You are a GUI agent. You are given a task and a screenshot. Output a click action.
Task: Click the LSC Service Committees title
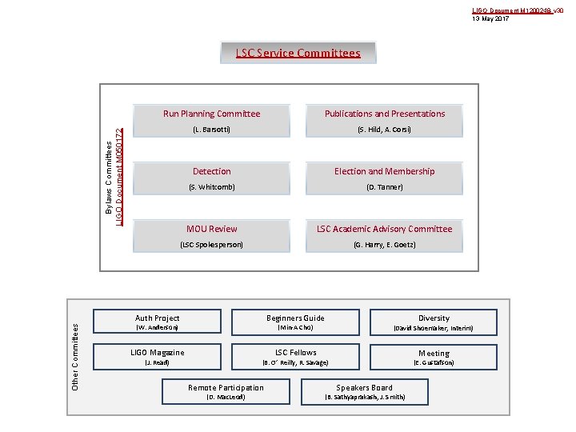(298, 54)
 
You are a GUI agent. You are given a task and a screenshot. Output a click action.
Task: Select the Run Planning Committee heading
(211, 114)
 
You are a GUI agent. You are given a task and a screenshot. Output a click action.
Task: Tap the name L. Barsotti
(211, 130)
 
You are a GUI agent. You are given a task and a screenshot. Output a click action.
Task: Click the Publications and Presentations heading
(385, 114)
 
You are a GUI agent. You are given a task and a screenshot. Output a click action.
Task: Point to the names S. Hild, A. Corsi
(385, 130)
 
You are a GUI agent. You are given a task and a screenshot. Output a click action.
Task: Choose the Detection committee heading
(211, 171)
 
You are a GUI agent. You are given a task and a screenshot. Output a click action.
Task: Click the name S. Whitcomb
(211, 187)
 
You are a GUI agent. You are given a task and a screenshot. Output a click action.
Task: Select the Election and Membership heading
(385, 171)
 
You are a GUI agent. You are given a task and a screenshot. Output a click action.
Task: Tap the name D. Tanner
(385, 187)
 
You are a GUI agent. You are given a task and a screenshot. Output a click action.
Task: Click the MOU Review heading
(211, 229)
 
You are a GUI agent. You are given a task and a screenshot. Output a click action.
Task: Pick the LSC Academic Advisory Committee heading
(385, 229)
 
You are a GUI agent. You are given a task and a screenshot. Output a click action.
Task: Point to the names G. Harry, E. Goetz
(385, 245)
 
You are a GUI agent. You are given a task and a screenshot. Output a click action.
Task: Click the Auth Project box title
(157, 318)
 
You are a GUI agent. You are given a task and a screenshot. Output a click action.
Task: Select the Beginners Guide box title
(295, 318)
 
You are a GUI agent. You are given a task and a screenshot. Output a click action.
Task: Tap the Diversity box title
(434, 318)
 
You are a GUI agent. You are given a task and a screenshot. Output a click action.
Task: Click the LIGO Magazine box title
(157, 353)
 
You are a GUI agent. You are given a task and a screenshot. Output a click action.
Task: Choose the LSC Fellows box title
(295, 353)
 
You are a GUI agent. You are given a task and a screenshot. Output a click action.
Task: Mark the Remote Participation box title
(226, 388)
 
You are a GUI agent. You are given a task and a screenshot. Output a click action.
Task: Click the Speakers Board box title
(364, 388)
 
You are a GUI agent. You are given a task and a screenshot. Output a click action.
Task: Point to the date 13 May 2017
(490, 18)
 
